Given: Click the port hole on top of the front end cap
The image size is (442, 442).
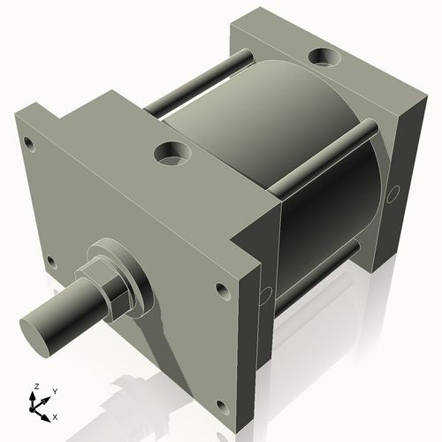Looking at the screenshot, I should (171, 155).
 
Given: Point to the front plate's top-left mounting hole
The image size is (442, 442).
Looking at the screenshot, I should (30, 141).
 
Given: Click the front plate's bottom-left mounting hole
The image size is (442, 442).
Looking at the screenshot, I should (50, 261).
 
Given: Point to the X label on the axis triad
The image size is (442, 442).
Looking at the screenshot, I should (55, 415).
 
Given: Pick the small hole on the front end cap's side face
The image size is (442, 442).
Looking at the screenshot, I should (264, 293).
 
